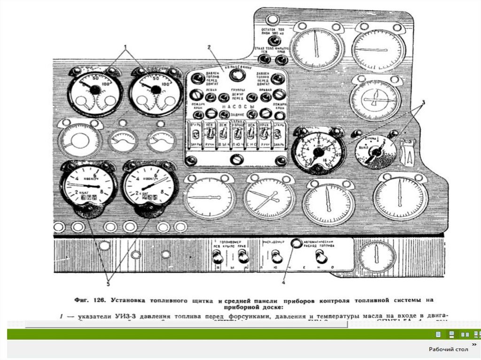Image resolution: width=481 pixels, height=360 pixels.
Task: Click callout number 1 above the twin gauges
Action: click(125, 47)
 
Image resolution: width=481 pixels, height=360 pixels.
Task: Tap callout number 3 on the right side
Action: click(422, 102)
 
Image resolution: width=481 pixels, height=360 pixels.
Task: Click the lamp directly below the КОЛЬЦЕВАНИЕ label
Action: click(238, 76)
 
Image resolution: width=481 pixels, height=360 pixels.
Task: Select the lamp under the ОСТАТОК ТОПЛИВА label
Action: click(272, 41)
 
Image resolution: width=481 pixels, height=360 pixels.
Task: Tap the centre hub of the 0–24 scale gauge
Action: click(318, 152)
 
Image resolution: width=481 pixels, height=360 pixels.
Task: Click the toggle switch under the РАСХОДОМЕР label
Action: click(276, 256)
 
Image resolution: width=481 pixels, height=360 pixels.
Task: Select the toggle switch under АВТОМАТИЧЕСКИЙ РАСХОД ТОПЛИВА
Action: click(321, 256)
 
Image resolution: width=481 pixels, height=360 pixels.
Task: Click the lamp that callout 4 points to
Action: click(296, 244)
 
